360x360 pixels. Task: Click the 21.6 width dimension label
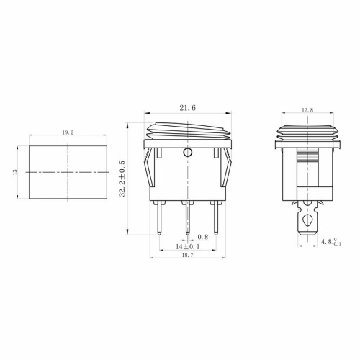click(x=187, y=108)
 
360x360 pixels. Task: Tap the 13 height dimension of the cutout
click(x=17, y=172)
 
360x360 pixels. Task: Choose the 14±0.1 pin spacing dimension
click(x=188, y=246)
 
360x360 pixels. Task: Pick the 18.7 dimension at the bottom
click(x=187, y=256)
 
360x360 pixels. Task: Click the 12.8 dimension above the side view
click(x=307, y=110)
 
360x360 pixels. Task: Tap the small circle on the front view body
click(x=189, y=153)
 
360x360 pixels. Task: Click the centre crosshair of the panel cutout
click(x=66, y=173)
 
